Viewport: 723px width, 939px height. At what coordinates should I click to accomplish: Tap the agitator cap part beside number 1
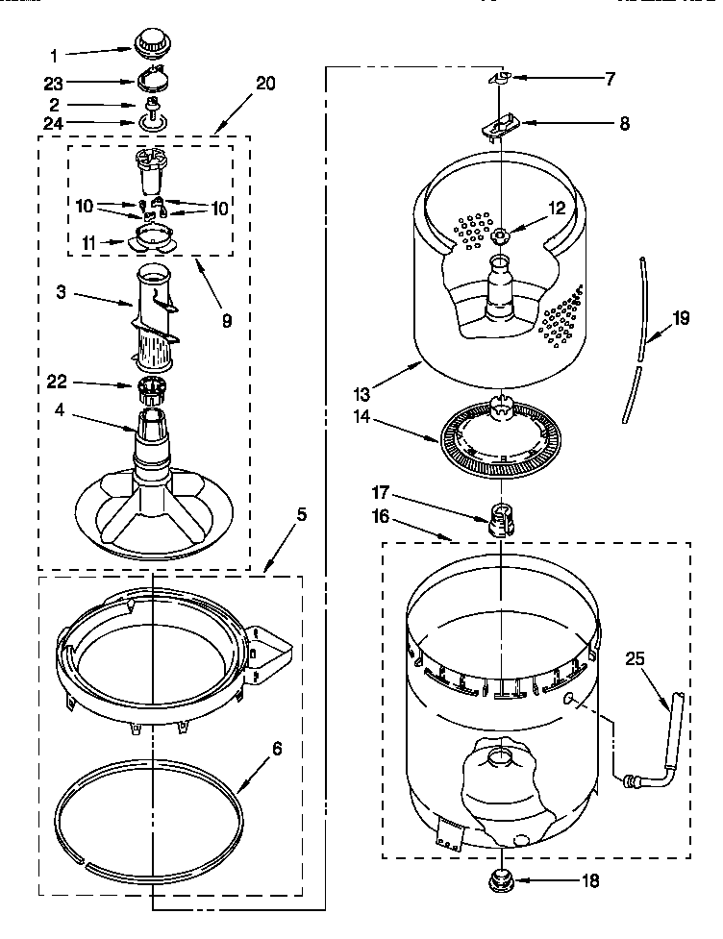pos(149,41)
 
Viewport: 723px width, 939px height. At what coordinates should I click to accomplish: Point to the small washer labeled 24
pos(151,122)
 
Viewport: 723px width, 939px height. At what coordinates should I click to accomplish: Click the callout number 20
pos(265,83)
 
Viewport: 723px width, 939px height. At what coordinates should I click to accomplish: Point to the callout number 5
pos(302,515)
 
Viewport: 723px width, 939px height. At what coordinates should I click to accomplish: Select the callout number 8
pos(624,123)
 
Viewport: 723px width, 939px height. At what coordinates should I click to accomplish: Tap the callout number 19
pos(681,319)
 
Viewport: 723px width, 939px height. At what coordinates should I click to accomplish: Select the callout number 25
pos(635,659)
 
